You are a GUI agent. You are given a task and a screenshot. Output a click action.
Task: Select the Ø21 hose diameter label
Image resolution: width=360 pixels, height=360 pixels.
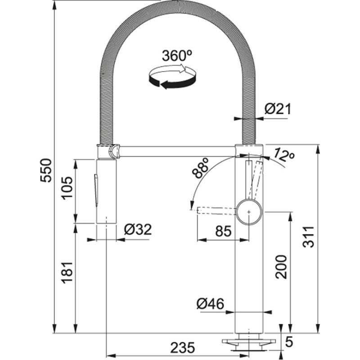(278, 109)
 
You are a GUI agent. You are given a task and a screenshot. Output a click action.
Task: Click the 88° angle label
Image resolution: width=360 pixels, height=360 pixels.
(201, 168)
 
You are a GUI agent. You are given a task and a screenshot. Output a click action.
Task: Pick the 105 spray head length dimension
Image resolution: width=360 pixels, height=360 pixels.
(67, 189)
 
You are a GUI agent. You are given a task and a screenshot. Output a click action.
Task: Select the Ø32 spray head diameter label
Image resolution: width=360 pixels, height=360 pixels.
(137, 229)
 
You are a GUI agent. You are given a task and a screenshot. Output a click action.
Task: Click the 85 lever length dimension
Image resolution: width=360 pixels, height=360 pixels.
(223, 231)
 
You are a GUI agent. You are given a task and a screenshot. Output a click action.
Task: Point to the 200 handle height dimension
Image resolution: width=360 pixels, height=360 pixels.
(281, 266)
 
